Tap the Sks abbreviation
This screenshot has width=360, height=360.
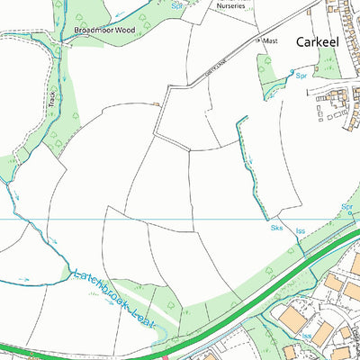tap(276, 229)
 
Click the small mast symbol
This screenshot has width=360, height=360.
tap(259, 41)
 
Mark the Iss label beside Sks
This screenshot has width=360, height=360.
tap(301, 231)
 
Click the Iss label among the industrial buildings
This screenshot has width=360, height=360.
tap(306, 336)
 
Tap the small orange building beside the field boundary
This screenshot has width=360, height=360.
tap(157, 104)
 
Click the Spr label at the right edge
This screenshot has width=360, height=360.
tap(347, 208)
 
